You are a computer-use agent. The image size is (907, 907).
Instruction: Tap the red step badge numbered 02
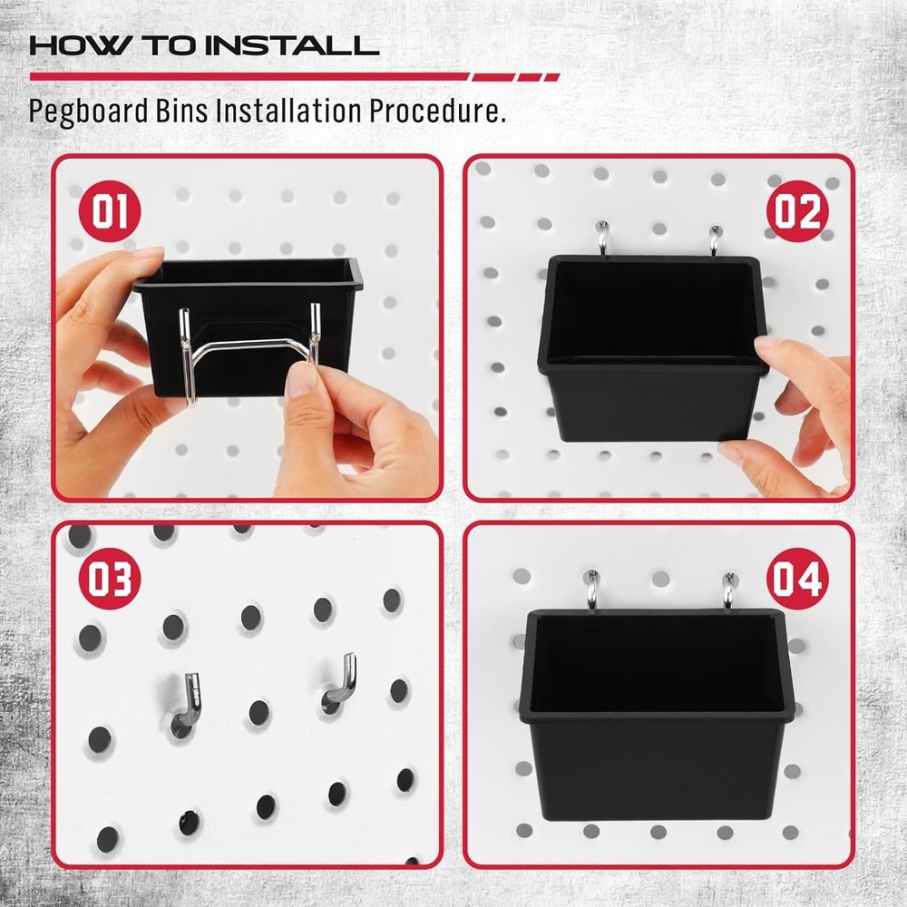[x=796, y=211]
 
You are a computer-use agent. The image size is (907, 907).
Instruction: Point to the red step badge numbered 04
[x=796, y=579]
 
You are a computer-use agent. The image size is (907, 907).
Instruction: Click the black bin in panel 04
[x=658, y=717]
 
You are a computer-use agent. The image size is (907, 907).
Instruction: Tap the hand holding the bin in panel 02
[x=803, y=408]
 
